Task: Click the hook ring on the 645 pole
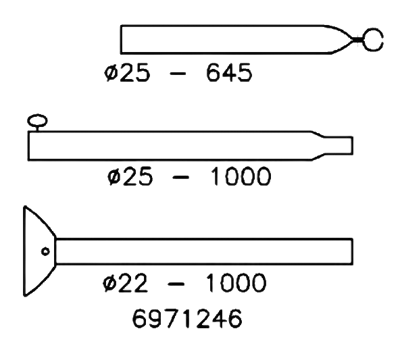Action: click(x=374, y=41)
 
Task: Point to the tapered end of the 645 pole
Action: click(x=345, y=41)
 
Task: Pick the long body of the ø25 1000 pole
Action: click(x=170, y=145)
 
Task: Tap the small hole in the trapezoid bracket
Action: click(x=40, y=250)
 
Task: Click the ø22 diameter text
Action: click(x=124, y=285)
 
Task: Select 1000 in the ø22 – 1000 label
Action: click(x=238, y=285)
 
